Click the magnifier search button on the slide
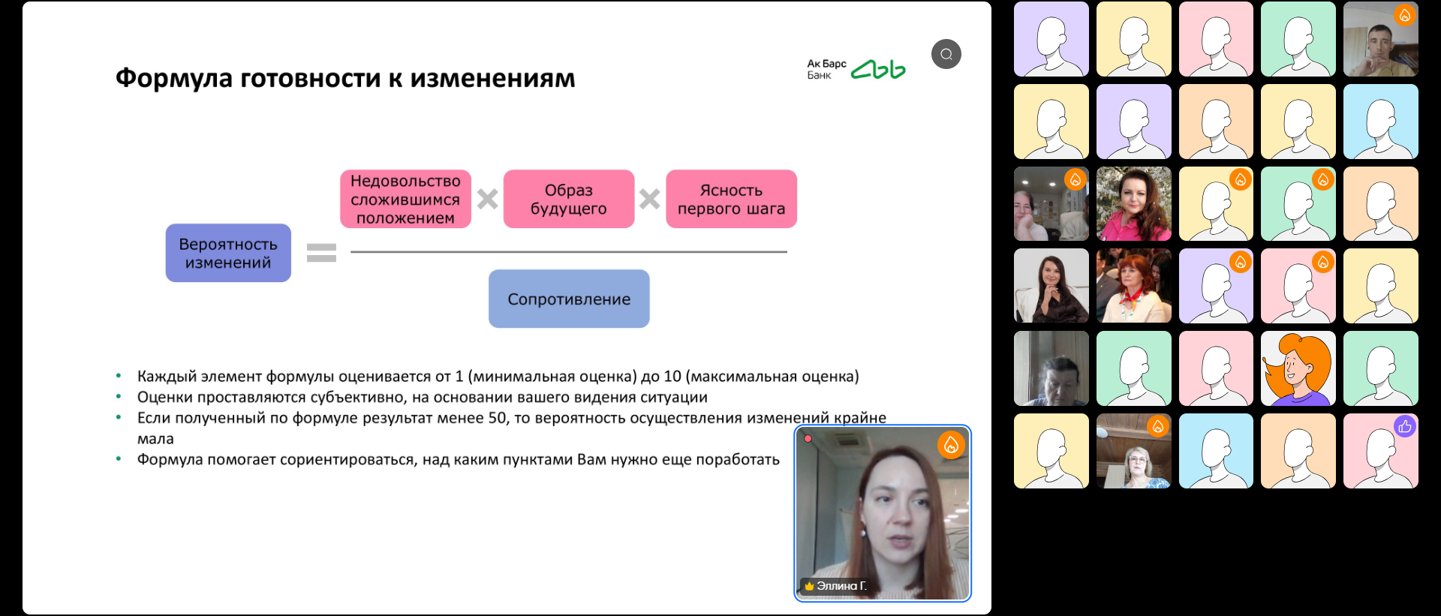pyautogui.click(x=946, y=54)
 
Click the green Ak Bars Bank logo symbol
pyautogui.click(x=878, y=70)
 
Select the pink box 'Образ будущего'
pyautogui.click(x=569, y=199)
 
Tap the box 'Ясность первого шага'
pyautogui.click(x=731, y=199)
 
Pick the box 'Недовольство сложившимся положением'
pyautogui.click(x=405, y=199)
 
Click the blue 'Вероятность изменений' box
pyautogui.click(x=228, y=253)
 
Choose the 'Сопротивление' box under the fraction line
pyautogui.click(x=569, y=299)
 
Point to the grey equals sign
pyautogui.click(x=321, y=253)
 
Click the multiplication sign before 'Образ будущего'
pyautogui.click(x=488, y=199)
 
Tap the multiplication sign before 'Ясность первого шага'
pyautogui.click(x=650, y=199)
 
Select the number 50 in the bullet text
pyautogui.click(x=498, y=418)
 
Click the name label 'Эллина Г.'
pyautogui.click(x=841, y=586)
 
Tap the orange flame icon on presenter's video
pyautogui.click(x=951, y=445)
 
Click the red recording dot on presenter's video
pyautogui.click(x=808, y=438)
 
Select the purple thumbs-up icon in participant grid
pyautogui.click(x=1405, y=426)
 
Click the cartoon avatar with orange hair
pyautogui.click(x=1298, y=368)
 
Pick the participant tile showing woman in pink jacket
pyautogui.click(x=1133, y=203)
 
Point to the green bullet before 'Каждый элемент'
pyautogui.click(x=119, y=375)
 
